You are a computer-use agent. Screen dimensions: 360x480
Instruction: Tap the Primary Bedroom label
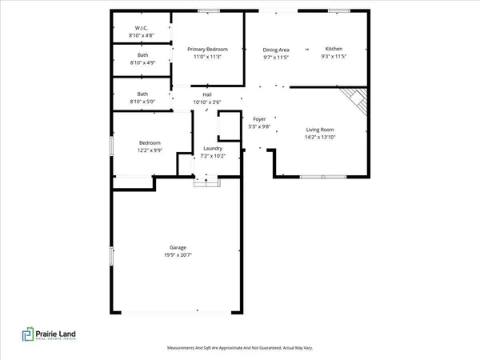pos(208,49)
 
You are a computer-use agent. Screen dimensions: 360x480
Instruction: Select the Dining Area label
pos(275,49)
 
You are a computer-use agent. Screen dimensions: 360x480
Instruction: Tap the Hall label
pos(206,95)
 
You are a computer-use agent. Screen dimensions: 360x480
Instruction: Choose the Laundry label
pos(212,148)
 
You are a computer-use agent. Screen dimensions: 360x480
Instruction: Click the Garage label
pos(177,247)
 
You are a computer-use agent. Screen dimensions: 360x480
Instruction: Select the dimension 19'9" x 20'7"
pos(177,255)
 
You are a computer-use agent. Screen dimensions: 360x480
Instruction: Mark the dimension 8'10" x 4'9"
pos(142,62)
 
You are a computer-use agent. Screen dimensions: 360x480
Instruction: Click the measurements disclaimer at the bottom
pos(239,348)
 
